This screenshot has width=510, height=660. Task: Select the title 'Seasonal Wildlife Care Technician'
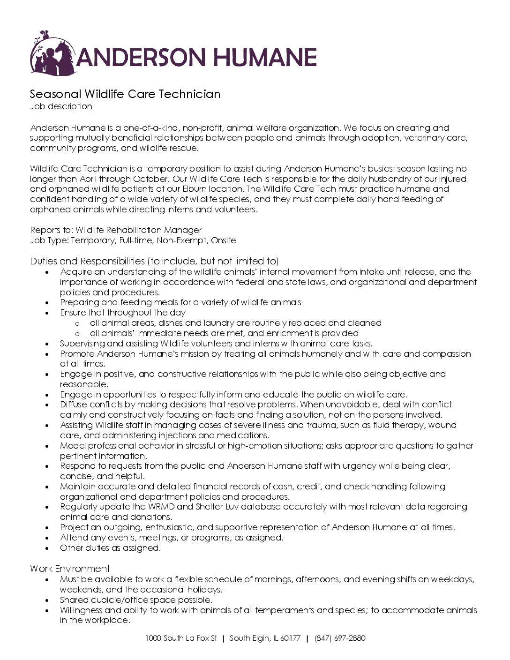pos(125,94)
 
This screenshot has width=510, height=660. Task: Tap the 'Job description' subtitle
pos(61,106)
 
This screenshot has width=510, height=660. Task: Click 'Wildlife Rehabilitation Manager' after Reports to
pos(138,230)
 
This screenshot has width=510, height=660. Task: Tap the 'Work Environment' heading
pos(70,569)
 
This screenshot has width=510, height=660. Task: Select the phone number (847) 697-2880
pos(340,638)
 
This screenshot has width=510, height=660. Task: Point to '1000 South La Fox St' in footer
pos(181,638)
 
